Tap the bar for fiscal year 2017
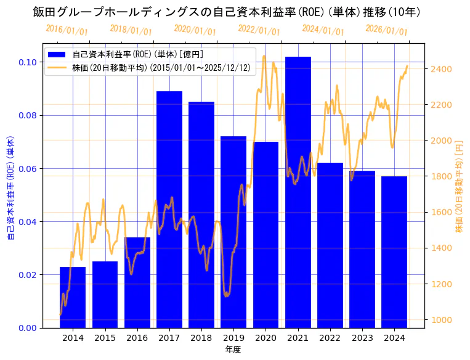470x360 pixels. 169,210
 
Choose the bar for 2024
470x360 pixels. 394,252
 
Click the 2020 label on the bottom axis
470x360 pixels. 265,338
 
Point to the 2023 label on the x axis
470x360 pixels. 362,338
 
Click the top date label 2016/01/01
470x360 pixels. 67,30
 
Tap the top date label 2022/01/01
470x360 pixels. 259,30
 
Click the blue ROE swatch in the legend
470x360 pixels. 59,55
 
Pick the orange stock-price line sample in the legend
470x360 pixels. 59,67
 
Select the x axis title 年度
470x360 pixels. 233,350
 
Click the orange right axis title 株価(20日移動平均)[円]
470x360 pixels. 459,186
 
